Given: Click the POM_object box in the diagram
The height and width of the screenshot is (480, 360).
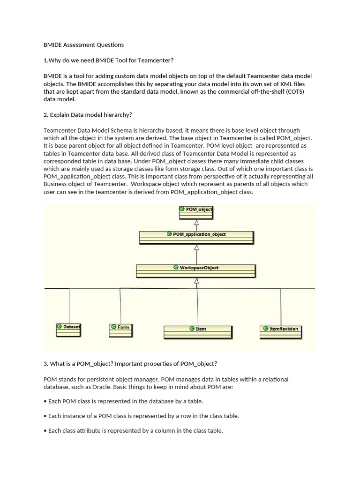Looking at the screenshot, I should point(196,213).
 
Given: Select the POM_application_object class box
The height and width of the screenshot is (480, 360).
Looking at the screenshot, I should point(196,237).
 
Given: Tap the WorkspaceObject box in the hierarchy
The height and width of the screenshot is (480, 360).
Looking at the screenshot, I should point(196,271).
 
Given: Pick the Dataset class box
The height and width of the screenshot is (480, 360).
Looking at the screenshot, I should point(68,330).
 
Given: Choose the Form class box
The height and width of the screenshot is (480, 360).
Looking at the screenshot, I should point(121,330).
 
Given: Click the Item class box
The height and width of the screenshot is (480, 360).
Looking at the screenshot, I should point(198,332).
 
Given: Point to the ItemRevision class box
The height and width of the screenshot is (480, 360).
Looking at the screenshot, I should point(281,332).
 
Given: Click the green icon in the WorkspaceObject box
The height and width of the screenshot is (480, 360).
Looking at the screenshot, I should point(176,268).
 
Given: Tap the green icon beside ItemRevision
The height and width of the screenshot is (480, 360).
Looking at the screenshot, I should point(265,329).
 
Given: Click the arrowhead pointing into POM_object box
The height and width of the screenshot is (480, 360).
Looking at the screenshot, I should point(196,223).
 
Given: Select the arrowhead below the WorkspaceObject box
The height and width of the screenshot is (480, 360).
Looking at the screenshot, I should point(196,281).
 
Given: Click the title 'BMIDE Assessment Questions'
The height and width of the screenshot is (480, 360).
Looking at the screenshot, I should point(83,45).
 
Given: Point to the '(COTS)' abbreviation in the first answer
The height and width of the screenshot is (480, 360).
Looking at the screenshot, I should point(295,91).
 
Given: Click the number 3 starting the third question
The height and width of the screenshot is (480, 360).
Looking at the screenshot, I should point(45,364).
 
